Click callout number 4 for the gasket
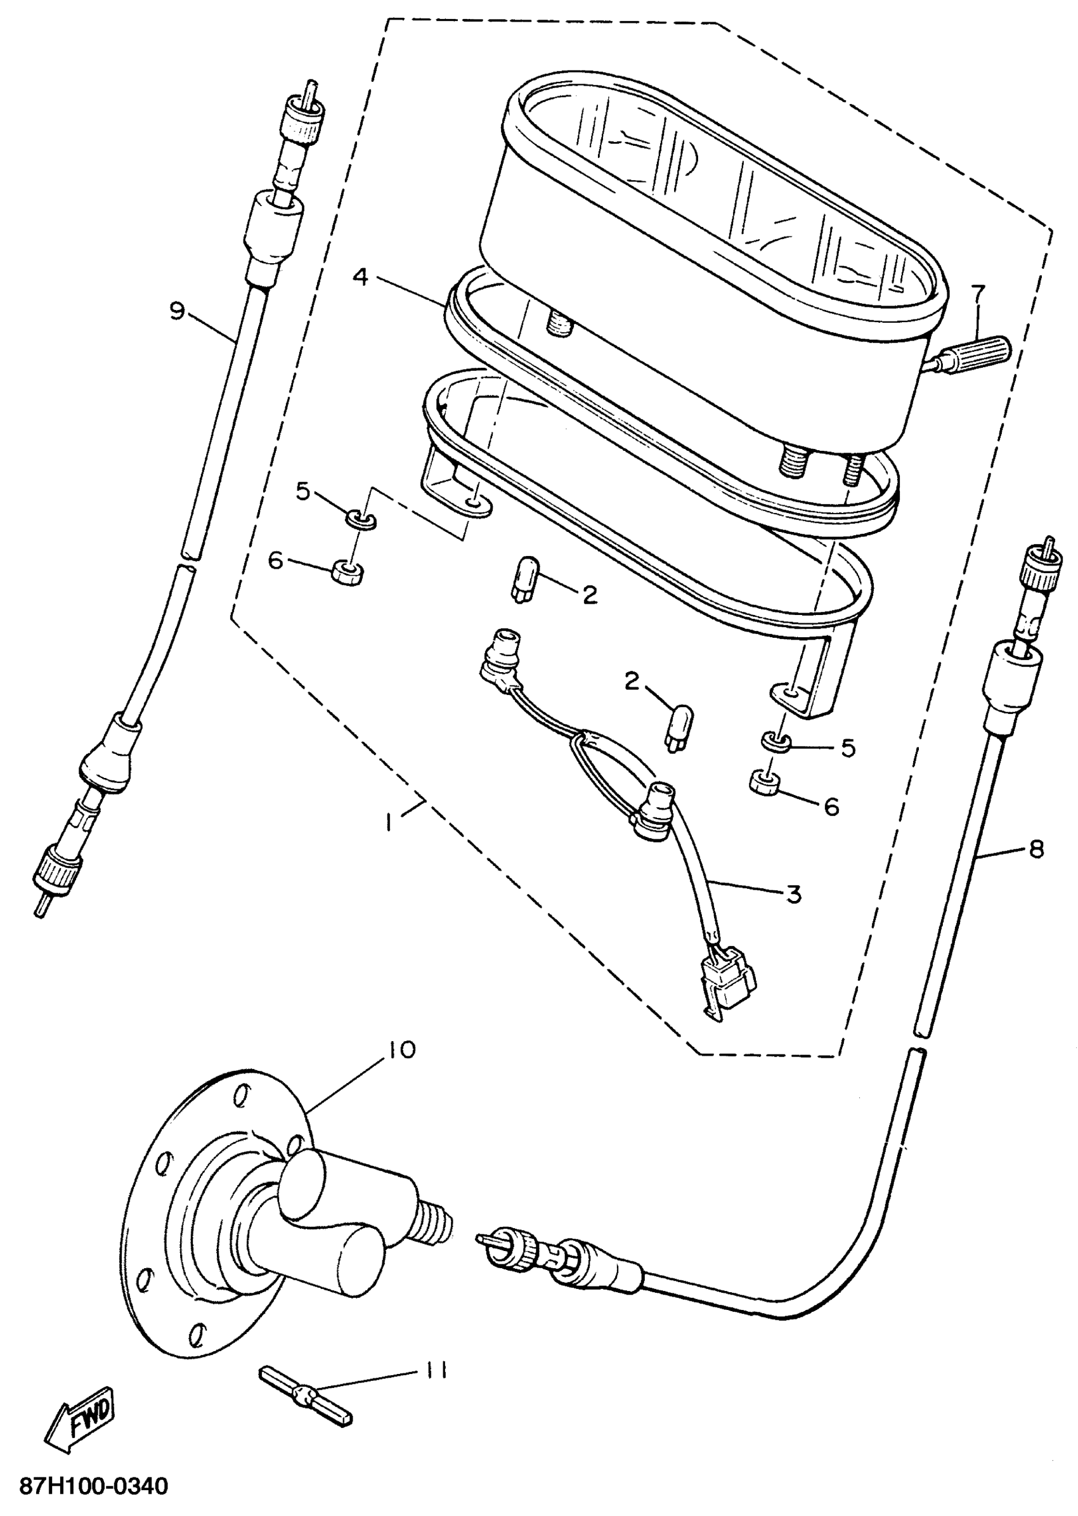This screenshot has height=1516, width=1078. (x=360, y=275)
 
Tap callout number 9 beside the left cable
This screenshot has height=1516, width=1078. (x=176, y=310)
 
